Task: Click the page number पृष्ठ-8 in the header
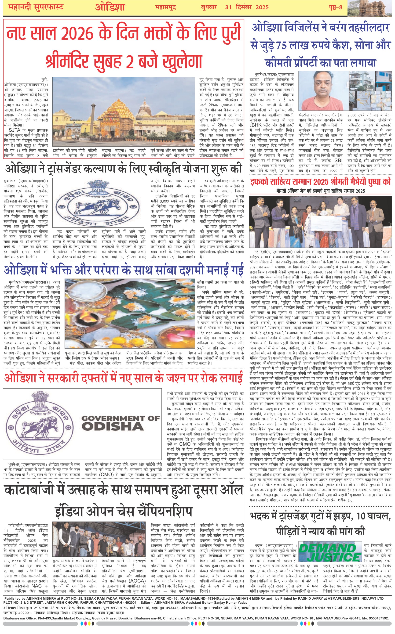[x=335, y=7]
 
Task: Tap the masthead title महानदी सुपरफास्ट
[x=36, y=7]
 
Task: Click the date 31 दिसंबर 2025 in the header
[x=247, y=7]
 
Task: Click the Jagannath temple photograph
[x=124, y=112]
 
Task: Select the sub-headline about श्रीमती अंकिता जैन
[x=320, y=191]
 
